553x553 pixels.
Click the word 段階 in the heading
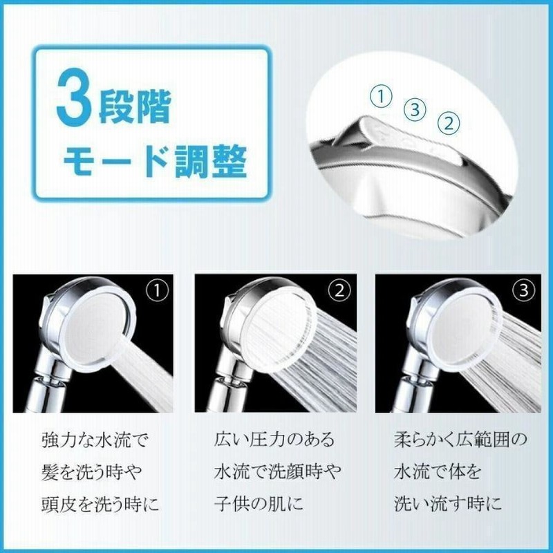point(135,108)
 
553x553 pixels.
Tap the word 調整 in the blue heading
point(211,161)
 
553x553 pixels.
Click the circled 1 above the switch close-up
point(381,97)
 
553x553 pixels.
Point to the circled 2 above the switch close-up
point(448,124)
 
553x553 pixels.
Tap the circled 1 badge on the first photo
point(158,291)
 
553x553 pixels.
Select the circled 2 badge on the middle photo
point(339,291)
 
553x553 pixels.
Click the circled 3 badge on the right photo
point(524,291)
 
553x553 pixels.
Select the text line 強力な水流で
point(94,440)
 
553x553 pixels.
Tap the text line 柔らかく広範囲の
point(460,440)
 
